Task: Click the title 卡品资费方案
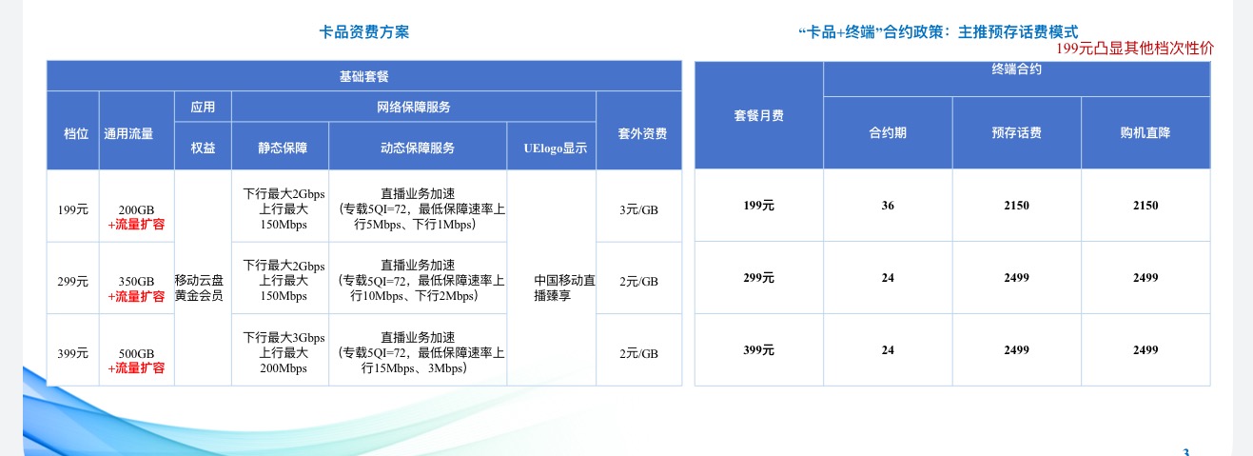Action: coord(364,32)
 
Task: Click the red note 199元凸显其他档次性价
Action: coord(1134,49)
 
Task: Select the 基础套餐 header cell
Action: coord(364,76)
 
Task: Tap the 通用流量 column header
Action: coord(128,133)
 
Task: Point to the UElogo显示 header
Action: coord(555,148)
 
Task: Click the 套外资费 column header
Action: coord(642,133)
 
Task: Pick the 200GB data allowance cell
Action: coord(136,209)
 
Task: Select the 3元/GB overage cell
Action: coord(638,209)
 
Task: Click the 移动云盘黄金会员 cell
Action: coord(199,287)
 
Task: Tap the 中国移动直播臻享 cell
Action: coord(564,287)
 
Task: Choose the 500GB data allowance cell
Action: coord(136,353)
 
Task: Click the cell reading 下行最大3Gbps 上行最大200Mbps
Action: coord(284,352)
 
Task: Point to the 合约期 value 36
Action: coord(888,206)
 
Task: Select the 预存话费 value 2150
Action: coord(1016,206)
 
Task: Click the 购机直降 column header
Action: coord(1145,132)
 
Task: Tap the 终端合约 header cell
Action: coord(1016,69)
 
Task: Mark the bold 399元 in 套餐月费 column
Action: coord(758,350)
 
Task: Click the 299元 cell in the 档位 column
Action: coord(72,282)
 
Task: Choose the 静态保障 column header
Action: coord(283,148)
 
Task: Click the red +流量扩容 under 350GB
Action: coord(136,296)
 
